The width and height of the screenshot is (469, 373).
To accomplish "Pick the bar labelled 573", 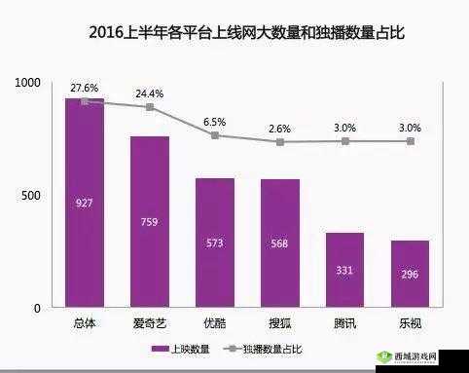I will point(215,242).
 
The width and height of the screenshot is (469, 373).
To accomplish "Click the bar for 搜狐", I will point(280,243).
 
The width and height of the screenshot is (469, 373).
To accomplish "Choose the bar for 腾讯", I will point(345,270).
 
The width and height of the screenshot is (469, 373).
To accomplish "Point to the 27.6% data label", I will point(83,88).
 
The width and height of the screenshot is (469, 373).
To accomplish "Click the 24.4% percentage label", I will point(149,93).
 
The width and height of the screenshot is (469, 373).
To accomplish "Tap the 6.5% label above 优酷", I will point(214,122).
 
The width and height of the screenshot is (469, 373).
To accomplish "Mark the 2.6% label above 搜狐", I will point(280,129).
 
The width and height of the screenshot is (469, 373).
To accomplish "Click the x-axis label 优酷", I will point(215,322).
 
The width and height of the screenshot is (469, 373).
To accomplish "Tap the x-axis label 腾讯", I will point(345,322).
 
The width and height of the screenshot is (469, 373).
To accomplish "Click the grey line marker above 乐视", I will point(411,141).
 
